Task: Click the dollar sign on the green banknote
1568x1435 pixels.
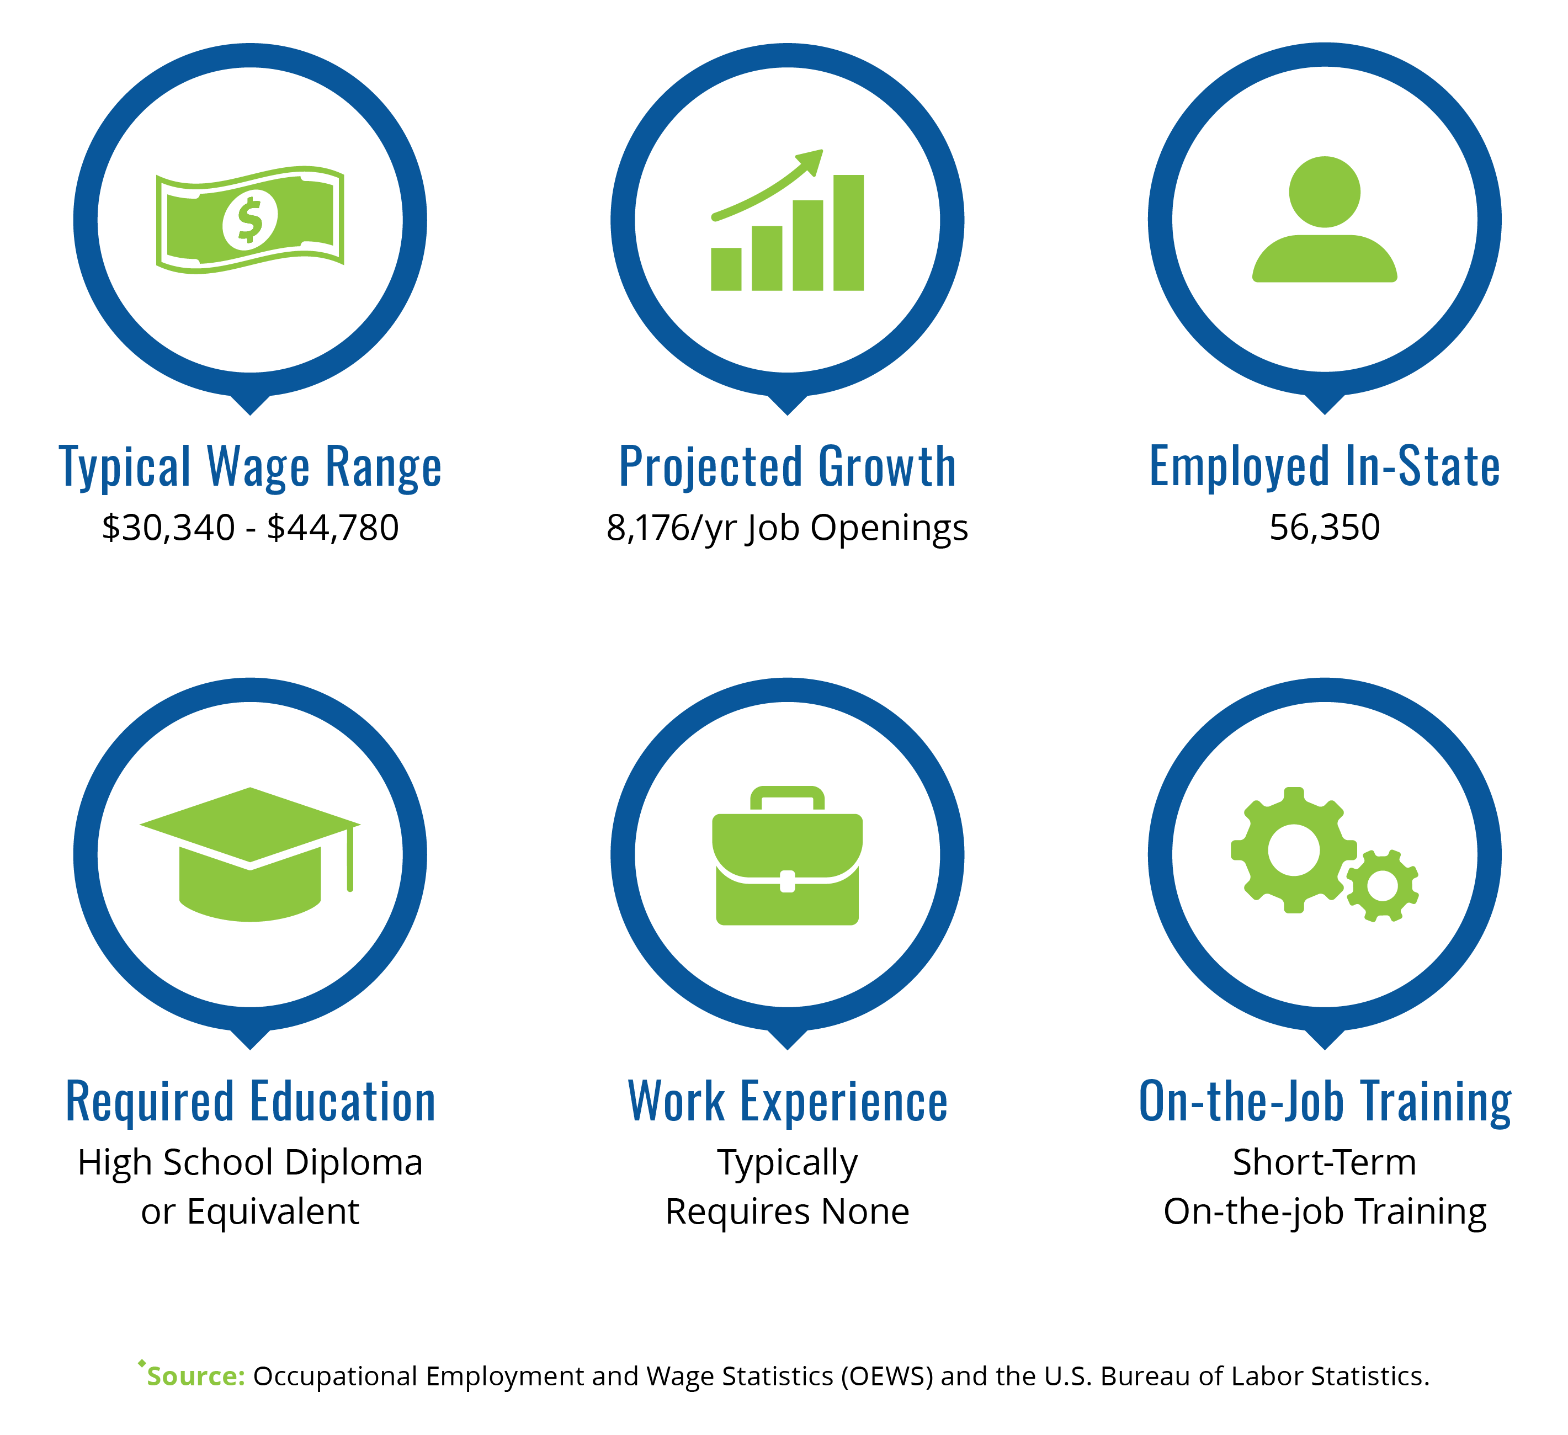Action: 249,220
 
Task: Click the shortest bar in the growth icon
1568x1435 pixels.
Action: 726,269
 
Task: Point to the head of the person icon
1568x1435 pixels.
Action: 1325,192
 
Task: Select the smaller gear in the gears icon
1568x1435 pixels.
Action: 1382,886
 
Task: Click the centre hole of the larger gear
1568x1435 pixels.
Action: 1294,850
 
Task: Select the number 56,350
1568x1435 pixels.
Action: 1325,527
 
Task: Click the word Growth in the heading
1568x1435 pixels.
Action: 887,467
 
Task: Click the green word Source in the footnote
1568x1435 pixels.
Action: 196,1376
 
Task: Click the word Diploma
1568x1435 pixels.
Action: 353,1163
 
